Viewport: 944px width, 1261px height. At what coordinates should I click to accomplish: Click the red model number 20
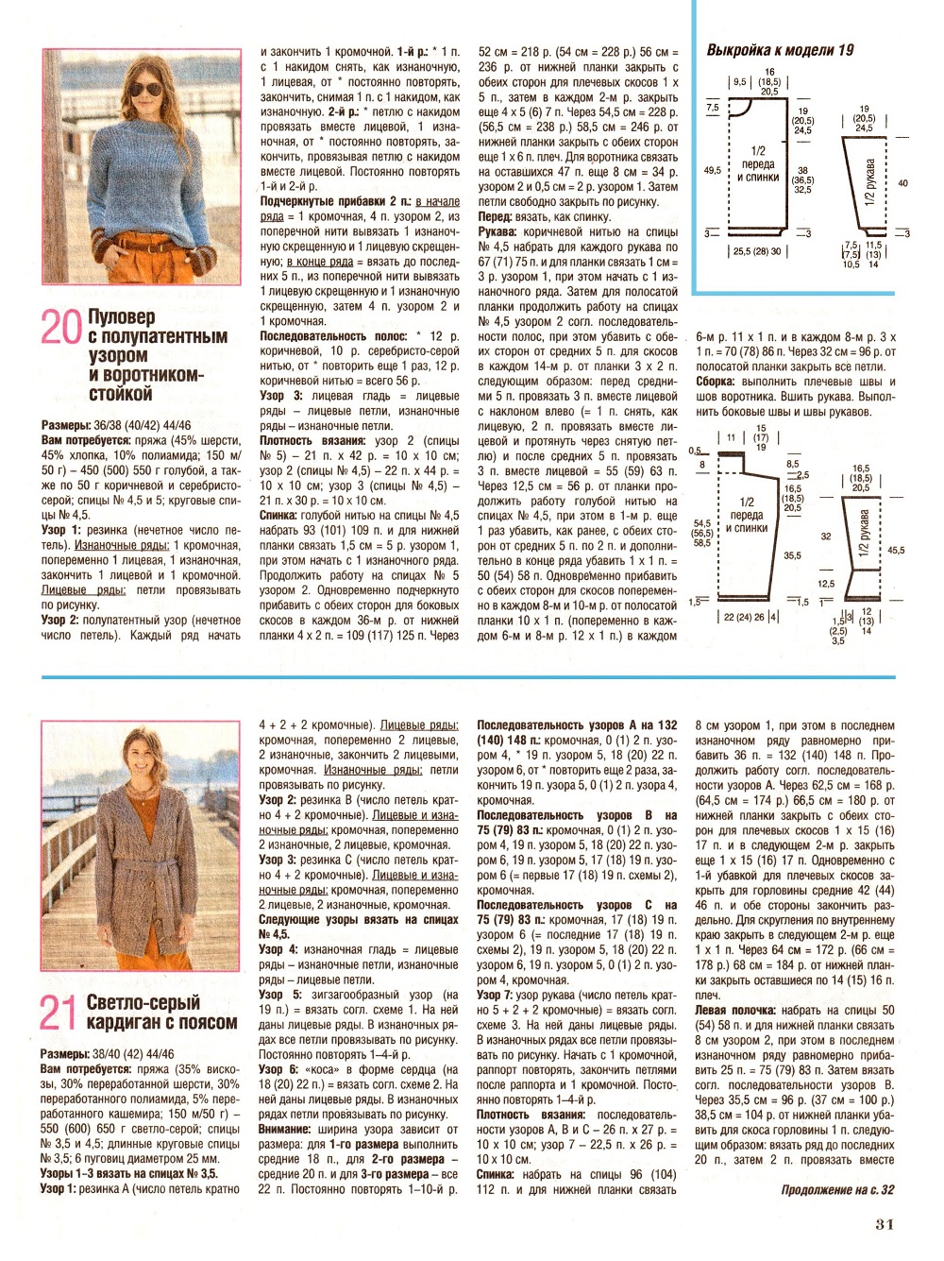[60, 327]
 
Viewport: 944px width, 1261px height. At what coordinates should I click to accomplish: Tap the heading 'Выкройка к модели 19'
[779, 50]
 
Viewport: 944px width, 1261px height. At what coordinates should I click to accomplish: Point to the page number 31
[884, 1224]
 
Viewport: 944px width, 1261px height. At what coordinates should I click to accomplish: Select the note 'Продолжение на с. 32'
[836, 1189]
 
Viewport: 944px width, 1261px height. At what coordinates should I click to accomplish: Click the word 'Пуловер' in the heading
[121, 316]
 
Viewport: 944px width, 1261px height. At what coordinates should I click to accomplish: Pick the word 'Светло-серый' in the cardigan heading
[143, 1002]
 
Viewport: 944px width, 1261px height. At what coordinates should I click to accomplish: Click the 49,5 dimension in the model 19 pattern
[712, 171]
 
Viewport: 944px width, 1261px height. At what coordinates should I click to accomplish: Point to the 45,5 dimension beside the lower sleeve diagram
[895, 550]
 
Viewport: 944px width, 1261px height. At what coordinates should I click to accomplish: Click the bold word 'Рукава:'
[497, 231]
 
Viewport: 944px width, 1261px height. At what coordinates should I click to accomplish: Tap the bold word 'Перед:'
[496, 216]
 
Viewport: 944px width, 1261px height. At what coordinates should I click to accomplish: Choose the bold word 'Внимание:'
[285, 1129]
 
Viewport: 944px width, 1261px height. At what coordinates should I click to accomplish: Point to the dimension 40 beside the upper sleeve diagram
[903, 183]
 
